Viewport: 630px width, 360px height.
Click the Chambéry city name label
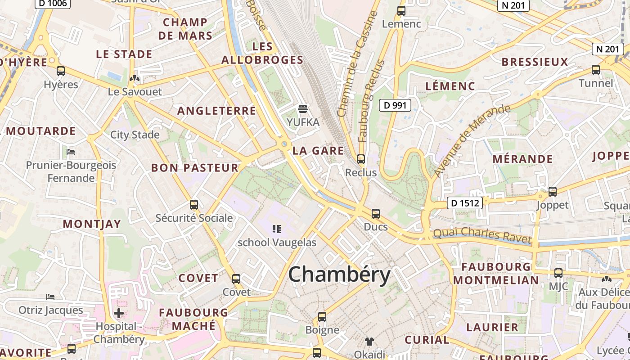pos(339,274)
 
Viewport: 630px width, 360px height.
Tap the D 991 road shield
pos(395,106)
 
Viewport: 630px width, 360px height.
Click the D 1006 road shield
pos(52,3)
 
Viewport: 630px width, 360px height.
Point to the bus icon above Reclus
pos(360,159)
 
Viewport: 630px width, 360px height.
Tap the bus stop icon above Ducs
pos(376,214)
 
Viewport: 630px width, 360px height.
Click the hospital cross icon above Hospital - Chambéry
pos(119,313)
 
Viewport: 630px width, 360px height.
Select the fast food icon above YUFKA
pos(303,109)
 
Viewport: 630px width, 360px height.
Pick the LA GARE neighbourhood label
pos(318,151)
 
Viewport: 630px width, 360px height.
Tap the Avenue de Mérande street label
pos(472,141)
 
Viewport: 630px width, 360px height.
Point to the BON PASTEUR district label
pos(194,168)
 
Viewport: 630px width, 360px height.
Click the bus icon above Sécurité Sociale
pos(194,205)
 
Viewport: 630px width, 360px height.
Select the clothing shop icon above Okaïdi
pos(369,342)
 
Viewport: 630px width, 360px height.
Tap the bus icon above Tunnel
pos(596,70)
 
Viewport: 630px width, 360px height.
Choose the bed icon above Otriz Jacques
pos(50,297)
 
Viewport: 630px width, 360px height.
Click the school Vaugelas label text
pos(277,243)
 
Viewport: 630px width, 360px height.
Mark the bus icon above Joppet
pos(553,192)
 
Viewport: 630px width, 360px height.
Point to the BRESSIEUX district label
pos(535,62)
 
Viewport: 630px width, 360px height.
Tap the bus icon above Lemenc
pos(401,11)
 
